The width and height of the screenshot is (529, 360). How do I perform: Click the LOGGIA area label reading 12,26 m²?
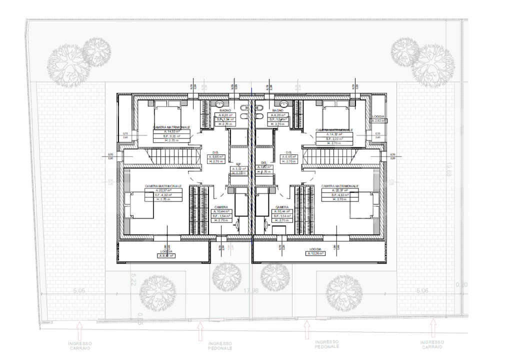click(x=315, y=253)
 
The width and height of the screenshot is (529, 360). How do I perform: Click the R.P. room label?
click(x=238, y=163)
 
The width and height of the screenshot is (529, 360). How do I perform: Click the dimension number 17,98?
click(x=251, y=291)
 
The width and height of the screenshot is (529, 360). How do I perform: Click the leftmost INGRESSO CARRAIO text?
click(x=79, y=344)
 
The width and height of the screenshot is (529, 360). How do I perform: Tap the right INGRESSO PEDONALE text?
click(x=327, y=344)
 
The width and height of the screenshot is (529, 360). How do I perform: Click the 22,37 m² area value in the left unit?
click(x=163, y=190)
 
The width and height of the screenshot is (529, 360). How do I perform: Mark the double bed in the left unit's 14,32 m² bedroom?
click(x=167, y=113)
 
